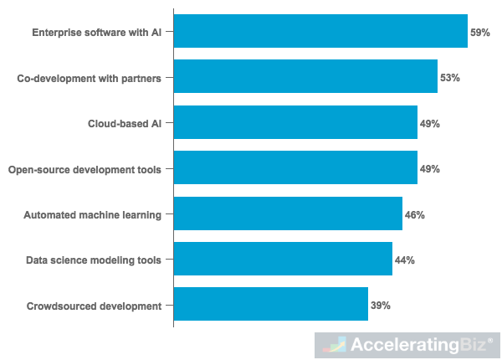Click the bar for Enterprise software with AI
pos(320,32)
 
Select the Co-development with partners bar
pos(305,77)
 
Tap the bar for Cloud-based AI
pos(295,123)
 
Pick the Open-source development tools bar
pos(295,168)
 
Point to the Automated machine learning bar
pos(288,214)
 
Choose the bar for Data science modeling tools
pos(283,260)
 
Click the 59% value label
pos(480,33)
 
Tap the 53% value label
pos(450,78)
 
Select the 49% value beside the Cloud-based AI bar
pos(430,124)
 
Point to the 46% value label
pos(415,215)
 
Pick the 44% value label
pos(405,260)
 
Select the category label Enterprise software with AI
pos(96,33)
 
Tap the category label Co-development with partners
pos(90,78)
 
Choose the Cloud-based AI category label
pos(125,124)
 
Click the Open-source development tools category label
pos(85,169)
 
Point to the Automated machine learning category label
pos(92,215)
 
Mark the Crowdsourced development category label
pos(94,306)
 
